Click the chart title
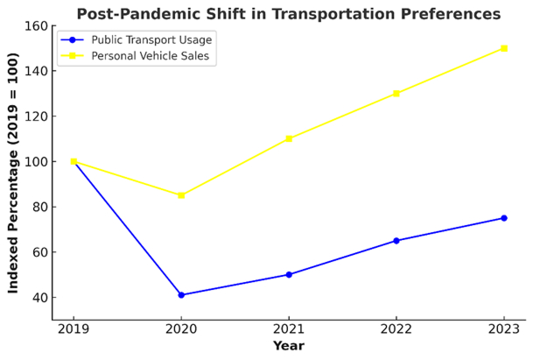(289, 14)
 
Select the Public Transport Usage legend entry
(137, 40)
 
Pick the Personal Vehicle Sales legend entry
(136, 56)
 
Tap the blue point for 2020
(181, 295)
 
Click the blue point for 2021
(289, 274)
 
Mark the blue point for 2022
(396, 241)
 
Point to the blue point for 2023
(504, 218)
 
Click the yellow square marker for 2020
(181, 195)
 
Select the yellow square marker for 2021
(289, 138)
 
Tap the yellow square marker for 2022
(396, 94)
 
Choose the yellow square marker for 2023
(504, 48)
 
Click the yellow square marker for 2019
(74, 162)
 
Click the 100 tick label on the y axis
(35, 162)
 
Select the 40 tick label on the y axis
(39, 298)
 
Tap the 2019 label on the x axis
(74, 329)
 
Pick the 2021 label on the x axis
(289, 329)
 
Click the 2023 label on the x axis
(504, 329)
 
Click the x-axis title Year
(289, 346)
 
